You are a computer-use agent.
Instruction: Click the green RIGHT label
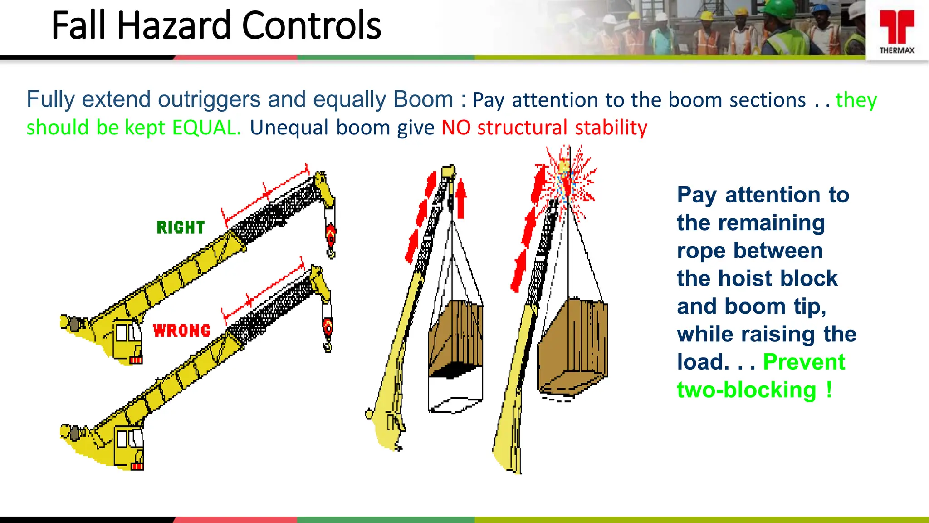[181, 227]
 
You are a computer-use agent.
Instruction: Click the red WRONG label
[181, 331]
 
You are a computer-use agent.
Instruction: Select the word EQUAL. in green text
[206, 128]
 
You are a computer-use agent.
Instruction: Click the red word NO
[456, 128]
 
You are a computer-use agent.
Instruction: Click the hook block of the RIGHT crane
[331, 234]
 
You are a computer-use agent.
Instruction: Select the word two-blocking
[746, 390]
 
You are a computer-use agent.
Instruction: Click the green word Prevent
[804, 362]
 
